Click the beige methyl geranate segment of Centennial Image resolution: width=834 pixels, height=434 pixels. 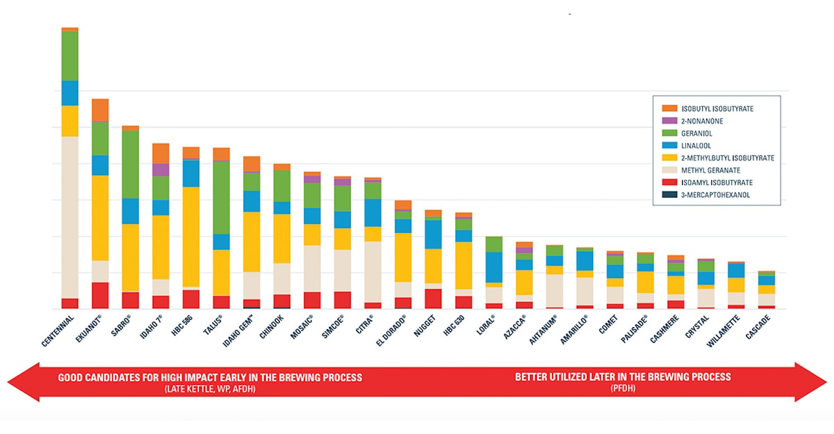click(70, 217)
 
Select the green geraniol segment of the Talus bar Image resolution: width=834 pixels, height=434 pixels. click(221, 197)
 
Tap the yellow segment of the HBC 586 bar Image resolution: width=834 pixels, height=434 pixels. click(191, 237)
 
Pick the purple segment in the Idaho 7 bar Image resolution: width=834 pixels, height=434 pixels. click(161, 170)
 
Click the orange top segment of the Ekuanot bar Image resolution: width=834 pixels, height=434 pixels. click(100, 110)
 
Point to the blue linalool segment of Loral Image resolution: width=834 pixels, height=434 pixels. click(494, 267)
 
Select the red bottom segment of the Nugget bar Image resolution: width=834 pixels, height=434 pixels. click(433, 299)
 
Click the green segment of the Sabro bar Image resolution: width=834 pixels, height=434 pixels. click(130, 165)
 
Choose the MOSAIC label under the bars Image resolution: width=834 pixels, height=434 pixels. click(302, 327)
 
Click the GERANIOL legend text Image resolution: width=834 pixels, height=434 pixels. click(696, 133)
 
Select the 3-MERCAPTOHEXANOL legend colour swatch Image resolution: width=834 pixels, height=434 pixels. click(669, 195)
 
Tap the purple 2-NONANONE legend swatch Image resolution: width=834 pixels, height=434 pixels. click(669, 121)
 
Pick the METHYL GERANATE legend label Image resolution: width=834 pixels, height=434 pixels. click(710, 170)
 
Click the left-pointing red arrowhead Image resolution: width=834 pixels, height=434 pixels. click(23, 382)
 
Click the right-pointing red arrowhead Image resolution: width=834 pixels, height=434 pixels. click(811, 382)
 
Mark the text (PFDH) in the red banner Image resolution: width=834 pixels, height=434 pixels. click(623, 389)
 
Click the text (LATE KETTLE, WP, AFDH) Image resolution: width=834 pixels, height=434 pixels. click(210, 389)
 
